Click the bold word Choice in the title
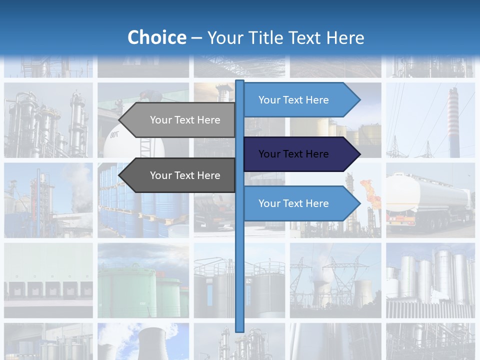[x=156, y=38]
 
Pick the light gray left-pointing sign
[x=180, y=120]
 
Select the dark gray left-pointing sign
[x=180, y=175]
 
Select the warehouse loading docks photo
[x=48, y=280]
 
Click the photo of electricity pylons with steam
[x=335, y=280]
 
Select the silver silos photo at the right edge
[x=431, y=280]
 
